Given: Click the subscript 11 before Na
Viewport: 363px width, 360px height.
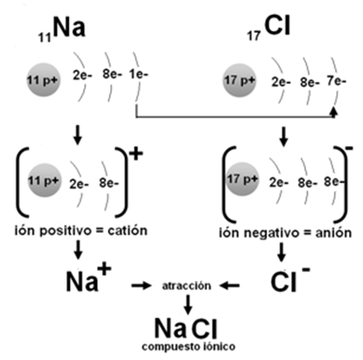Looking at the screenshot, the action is [x=45, y=37].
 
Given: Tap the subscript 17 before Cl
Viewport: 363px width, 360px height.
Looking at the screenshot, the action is [x=254, y=36].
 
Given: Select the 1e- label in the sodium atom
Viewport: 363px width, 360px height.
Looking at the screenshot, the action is [x=138, y=74].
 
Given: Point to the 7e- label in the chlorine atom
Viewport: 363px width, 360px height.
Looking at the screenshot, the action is [x=336, y=81].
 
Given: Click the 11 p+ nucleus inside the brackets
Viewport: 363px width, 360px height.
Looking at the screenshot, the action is [x=44, y=180].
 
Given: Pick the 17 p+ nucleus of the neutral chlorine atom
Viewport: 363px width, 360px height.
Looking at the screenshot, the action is [x=240, y=80].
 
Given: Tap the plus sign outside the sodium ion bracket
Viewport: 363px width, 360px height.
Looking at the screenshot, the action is [x=136, y=154].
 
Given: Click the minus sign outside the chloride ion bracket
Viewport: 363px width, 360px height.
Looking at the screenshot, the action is [x=349, y=148].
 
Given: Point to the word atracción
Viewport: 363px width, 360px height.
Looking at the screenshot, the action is [x=186, y=285].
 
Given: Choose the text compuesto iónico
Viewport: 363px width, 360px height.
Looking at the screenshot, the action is [x=189, y=347].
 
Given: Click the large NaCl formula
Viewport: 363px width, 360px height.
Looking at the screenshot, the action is [x=186, y=328].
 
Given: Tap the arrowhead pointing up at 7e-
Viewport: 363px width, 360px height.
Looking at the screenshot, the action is [x=334, y=111].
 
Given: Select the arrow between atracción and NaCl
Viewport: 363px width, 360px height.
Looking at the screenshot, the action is [x=188, y=304].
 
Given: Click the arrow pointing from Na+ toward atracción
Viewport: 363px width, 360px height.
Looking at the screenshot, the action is [x=142, y=285].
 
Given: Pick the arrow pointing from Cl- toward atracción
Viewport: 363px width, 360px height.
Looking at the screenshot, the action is [x=230, y=285].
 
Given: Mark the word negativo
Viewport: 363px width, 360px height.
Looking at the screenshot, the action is [x=271, y=233].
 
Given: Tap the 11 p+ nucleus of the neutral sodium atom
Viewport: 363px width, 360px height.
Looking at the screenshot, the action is [x=44, y=80].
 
